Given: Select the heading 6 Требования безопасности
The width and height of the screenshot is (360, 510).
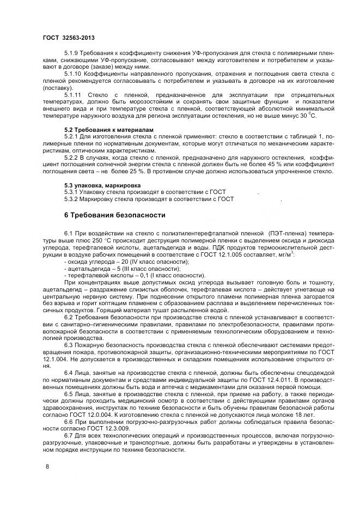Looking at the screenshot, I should coord(115,215).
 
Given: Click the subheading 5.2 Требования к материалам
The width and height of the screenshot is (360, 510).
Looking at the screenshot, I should coord(109,129).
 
